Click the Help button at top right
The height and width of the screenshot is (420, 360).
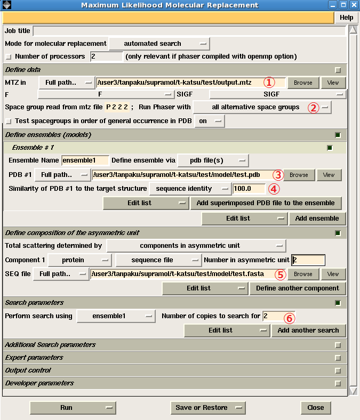pyautogui.click(x=346, y=18)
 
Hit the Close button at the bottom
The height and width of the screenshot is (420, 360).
pyautogui.click(x=315, y=408)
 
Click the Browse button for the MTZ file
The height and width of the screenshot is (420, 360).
pyautogui.click(x=303, y=83)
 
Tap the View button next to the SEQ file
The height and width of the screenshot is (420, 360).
pyautogui.click(x=333, y=274)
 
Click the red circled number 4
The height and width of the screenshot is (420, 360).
pyautogui.click(x=273, y=188)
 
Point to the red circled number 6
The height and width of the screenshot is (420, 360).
pyautogui.click(x=289, y=318)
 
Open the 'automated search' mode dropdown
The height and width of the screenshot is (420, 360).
pyautogui.click(x=159, y=44)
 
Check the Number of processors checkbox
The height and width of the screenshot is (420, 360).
pyautogui.click(x=8, y=56)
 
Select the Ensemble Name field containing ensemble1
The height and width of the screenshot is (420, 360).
pyautogui.click(x=85, y=160)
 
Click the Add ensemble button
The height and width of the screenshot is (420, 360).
pyautogui.click(x=317, y=219)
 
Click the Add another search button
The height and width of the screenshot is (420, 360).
pyautogui.click(x=308, y=330)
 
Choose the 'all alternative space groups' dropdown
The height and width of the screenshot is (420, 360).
pyautogui.click(x=262, y=107)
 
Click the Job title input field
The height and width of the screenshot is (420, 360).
pyautogui.click(x=189, y=31)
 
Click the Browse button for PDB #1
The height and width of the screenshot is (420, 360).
pyautogui.click(x=299, y=175)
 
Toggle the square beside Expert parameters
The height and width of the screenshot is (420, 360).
pyautogui.click(x=338, y=358)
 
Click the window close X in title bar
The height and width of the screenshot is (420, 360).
pyautogui.click(x=354, y=5)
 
